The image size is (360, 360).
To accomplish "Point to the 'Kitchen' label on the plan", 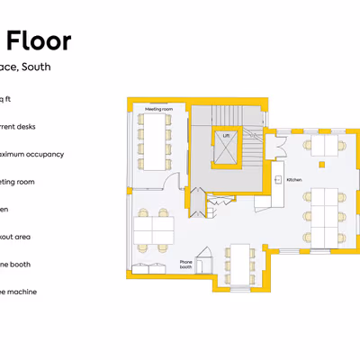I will pyautogui.click(x=293, y=180).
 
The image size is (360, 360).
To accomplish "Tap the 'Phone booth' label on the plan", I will pyautogui.click(x=186, y=265).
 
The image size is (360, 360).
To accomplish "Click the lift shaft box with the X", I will pyautogui.click(x=226, y=149).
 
